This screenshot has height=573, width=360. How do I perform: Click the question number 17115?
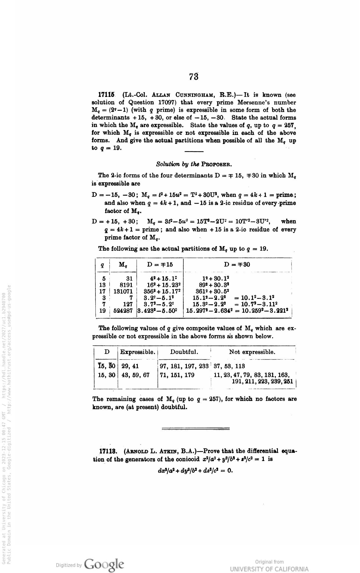[x=107, y=95]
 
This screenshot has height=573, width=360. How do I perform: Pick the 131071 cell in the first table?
[x=123, y=291]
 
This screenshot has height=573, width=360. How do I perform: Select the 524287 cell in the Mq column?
[x=123, y=311]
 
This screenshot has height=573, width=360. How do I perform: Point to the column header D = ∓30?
[x=237, y=264]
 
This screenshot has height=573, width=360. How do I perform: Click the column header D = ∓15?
[x=160, y=264]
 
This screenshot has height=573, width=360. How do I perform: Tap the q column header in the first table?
[x=102, y=265]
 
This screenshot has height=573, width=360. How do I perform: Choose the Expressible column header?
[x=138, y=352]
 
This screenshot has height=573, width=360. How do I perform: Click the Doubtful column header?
[x=184, y=352]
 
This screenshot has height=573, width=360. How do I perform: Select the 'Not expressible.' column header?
[x=252, y=352]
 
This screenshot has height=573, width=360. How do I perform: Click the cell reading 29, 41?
[x=130, y=366]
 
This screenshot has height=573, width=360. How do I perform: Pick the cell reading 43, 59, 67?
[x=135, y=375]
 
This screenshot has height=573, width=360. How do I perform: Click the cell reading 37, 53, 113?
[x=229, y=366]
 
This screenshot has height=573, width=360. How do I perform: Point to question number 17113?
[x=108, y=452]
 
